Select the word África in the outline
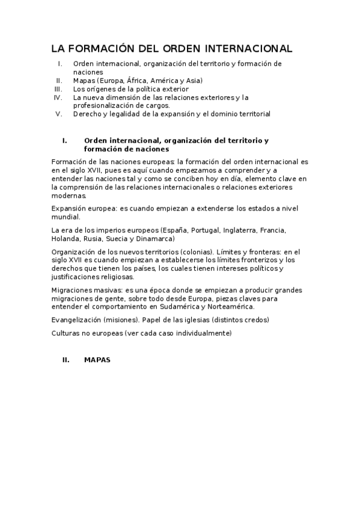tap(136, 80)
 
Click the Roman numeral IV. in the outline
tap(58, 97)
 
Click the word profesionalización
tap(105, 105)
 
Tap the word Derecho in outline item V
tap(87, 113)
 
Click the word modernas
tap(69, 195)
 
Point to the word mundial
tap(66, 217)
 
